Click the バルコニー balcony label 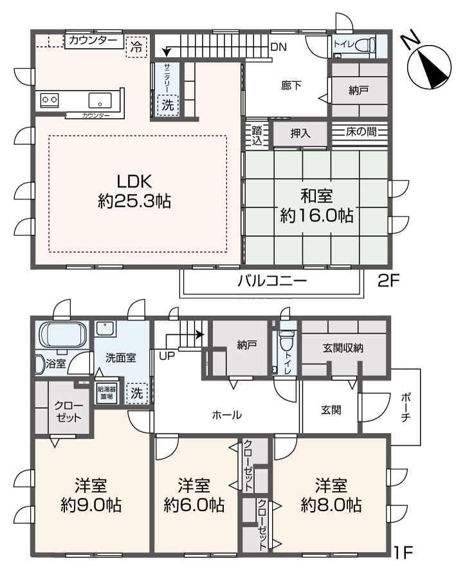point(272,282)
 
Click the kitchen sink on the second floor point(100,100)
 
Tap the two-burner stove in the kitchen point(50,100)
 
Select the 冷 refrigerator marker point(136,47)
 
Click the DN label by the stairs point(278,47)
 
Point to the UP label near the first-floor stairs point(167,356)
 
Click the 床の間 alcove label point(361,132)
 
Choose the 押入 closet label point(300,133)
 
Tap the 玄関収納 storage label point(343,348)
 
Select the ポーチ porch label point(405,408)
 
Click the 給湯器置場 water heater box point(107,393)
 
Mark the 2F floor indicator point(388,281)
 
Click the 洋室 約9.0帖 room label point(91,495)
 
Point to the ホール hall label point(227,415)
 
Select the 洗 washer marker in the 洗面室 point(137,393)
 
